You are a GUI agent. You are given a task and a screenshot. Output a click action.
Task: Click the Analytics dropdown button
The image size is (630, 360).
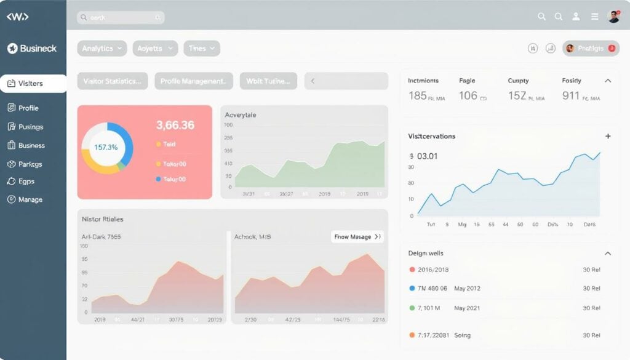click(102, 49)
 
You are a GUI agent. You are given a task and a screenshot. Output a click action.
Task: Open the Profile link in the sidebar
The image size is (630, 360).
click(28, 108)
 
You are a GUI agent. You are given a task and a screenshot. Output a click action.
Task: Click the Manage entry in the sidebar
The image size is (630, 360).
click(30, 199)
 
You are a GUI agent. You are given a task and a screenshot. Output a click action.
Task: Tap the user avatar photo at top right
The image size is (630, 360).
click(613, 17)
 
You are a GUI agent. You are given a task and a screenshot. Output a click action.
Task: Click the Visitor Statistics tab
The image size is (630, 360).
click(112, 81)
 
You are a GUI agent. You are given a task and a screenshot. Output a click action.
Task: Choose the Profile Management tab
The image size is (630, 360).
click(193, 81)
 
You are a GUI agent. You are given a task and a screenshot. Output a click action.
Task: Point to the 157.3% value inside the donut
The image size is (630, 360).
click(106, 148)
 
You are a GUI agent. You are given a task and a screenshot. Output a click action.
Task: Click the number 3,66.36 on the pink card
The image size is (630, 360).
click(175, 126)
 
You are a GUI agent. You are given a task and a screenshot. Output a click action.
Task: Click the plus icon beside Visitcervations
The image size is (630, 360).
click(608, 136)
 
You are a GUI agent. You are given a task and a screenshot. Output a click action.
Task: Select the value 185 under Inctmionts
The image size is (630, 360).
click(417, 95)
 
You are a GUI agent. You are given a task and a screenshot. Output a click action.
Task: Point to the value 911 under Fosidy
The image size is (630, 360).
click(571, 95)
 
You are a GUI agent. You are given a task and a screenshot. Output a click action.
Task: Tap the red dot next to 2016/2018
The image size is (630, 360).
click(412, 270)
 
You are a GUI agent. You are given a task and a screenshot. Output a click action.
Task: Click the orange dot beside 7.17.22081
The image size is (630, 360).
click(412, 335)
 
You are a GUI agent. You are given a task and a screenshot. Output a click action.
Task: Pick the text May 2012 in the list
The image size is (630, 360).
click(467, 288)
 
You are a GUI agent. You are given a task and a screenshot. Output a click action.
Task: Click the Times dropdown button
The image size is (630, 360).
click(201, 49)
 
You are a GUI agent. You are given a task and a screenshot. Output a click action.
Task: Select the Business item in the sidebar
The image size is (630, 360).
click(31, 146)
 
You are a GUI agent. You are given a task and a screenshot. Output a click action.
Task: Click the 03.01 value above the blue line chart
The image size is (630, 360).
click(428, 156)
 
